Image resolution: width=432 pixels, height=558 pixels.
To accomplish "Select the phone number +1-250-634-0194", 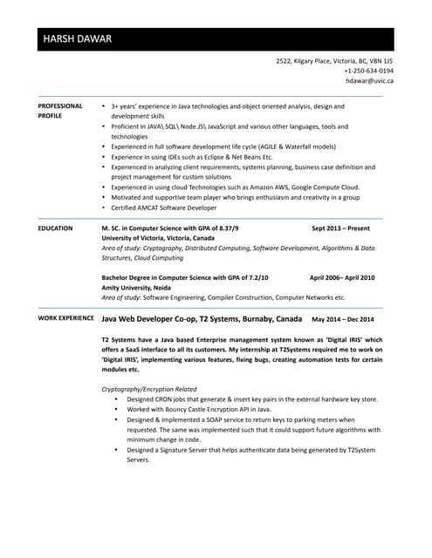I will coord(368,71).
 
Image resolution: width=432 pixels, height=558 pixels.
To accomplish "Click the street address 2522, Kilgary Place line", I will coord(334,61).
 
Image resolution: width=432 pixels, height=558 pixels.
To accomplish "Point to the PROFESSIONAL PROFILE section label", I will coord(60,111).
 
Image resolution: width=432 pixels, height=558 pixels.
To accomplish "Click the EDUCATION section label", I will coord(55,228).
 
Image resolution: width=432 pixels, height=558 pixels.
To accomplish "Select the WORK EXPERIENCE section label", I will coord(65,319).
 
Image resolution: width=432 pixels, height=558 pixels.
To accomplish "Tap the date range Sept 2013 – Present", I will coord(340,228).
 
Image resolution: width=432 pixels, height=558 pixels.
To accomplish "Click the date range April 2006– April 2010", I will coord(342,277).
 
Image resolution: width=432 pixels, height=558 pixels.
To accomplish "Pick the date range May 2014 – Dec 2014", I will coord(343,319).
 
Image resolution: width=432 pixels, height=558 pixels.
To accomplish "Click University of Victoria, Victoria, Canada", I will coord(158,237).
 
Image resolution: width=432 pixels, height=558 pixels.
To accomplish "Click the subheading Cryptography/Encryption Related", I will coord(149,389).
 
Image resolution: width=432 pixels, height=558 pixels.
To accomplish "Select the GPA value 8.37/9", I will coord(226,228).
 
